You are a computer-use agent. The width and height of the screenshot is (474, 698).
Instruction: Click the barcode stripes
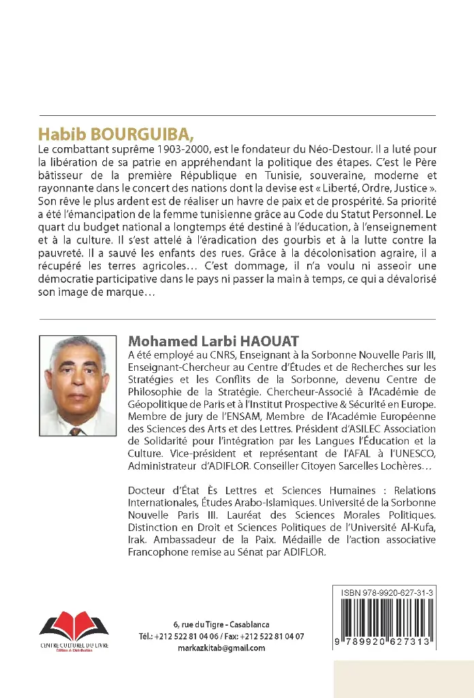coord(388,620)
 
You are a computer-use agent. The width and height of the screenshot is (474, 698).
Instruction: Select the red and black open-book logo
coord(73,625)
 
